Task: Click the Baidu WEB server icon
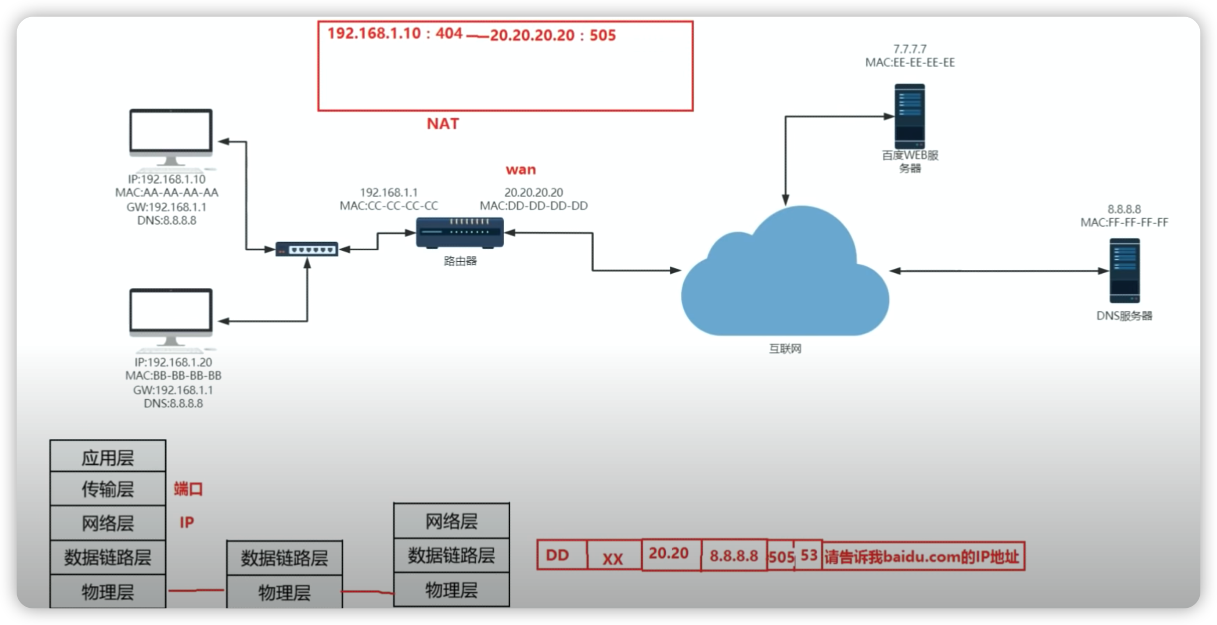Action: point(910,116)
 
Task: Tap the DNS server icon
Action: point(1124,270)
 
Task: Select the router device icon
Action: point(460,233)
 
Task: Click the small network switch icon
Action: point(307,249)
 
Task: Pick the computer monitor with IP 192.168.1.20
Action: point(171,320)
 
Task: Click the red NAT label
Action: point(443,124)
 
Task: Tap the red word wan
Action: point(521,169)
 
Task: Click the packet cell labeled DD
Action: point(562,555)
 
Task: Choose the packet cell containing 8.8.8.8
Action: point(734,556)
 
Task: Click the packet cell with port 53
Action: point(808,556)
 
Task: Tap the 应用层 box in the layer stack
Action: point(108,456)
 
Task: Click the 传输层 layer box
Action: point(108,489)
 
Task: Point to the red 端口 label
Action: point(188,488)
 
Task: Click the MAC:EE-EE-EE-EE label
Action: point(910,62)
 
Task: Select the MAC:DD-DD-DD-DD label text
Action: point(534,205)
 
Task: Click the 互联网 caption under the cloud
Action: point(785,349)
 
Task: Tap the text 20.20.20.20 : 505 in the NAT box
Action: point(553,35)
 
